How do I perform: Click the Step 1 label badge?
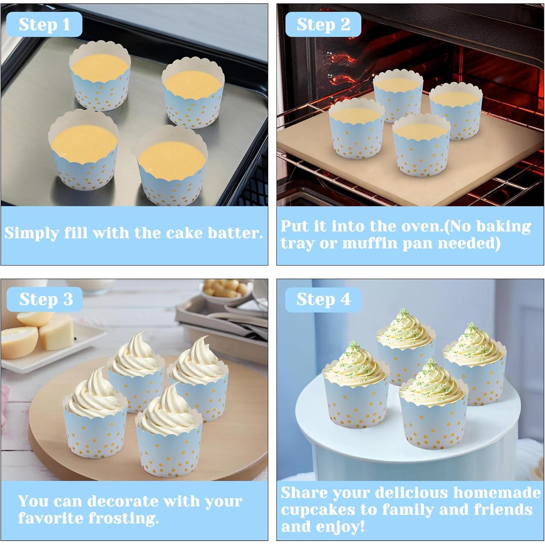click(x=44, y=24)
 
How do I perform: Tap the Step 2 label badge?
click(x=323, y=24)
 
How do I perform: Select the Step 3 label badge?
click(x=45, y=299)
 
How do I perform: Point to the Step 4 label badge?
click(x=323, y=299)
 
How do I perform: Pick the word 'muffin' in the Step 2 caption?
click(x=370, y=243)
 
